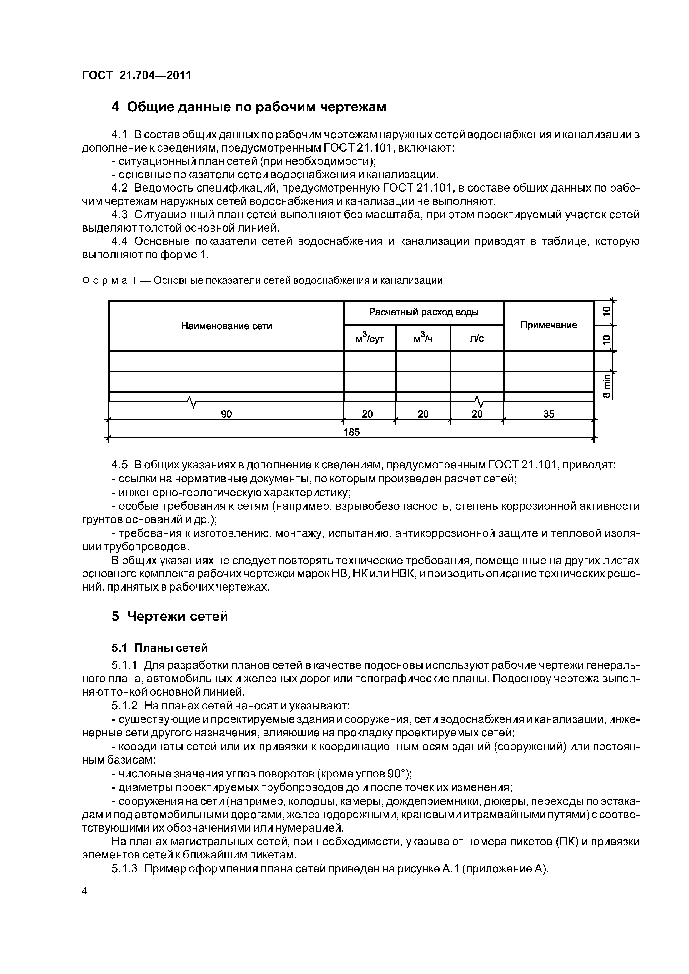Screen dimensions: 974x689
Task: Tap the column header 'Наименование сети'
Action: click(x=226, y=326)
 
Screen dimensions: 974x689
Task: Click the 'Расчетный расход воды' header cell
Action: click(x=423, y=313)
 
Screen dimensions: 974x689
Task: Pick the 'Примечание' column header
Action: click(x=548, y=325)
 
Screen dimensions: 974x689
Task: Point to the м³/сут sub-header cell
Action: click(x=369, y=338)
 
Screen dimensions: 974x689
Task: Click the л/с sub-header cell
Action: click(x=477, y=338)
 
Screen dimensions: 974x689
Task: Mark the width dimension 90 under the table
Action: click(x=226, y=414)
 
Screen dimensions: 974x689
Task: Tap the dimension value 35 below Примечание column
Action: click(x=548, y=414)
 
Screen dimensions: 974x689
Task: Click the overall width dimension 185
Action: click(x=351, y=432)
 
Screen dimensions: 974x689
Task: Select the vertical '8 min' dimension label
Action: click(x=607, y=386)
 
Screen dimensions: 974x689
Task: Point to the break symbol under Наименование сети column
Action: click(x=192, y=401)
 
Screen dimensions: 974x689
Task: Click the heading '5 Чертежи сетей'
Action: click(x=169, y=616)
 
